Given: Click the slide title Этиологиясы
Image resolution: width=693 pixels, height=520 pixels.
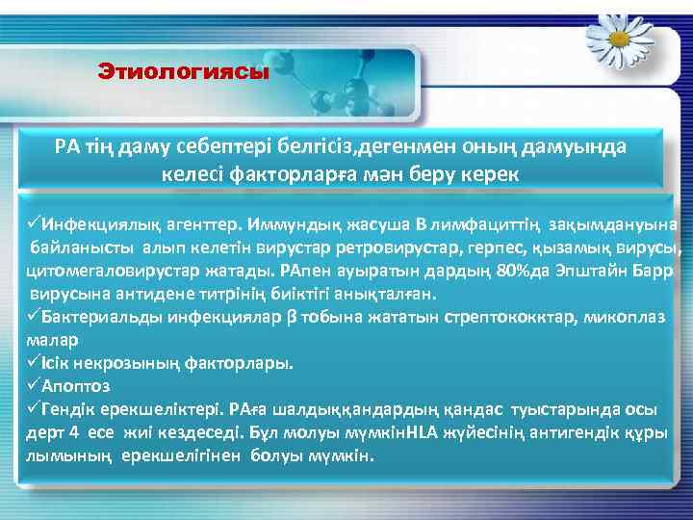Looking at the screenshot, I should pyautogui.click(x=184, y=72).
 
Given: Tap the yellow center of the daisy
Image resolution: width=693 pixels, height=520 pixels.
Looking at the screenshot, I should pyautogui.click(x=617, y=38).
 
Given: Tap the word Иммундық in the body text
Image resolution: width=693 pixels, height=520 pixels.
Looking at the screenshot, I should pyautogui.click(x=286, y=224).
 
